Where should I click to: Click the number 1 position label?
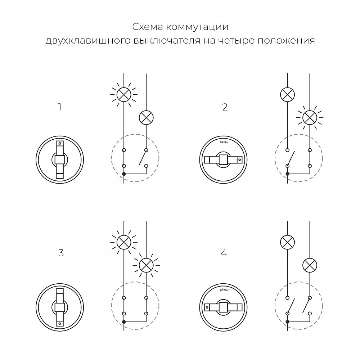pos(60,107)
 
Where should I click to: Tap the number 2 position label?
pos(225,107)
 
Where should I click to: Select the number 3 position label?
pos(61,253)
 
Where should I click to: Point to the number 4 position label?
pos(224,253)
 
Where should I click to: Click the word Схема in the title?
pos(145,27)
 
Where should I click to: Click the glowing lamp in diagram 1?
pos(124,95)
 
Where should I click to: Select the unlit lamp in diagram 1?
pos(146,117)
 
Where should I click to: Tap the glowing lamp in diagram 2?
pos(310,117)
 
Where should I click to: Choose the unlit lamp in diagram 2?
pos(287,95)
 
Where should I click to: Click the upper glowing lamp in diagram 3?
pos(124,242)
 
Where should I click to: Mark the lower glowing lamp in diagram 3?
pos(146,265)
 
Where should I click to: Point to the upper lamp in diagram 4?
pos(287,242)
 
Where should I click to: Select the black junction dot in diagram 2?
pos(287,174)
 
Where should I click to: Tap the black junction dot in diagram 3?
pos(124,321)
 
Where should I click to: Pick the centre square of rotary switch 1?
pos(60,159)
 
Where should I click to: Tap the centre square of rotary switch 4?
pos(224,307)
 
